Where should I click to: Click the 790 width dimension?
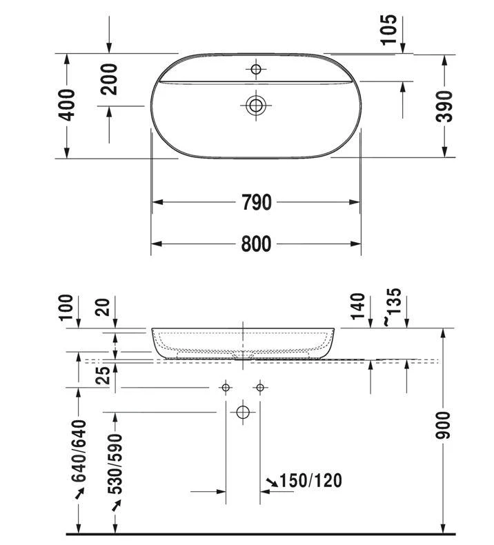pyautogui.click(x=256, y=202)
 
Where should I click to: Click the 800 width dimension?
pyautogui.click(x=256, y=244)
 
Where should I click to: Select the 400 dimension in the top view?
pyautogui.click(x=66, y=105)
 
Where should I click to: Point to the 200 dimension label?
pyautogui.click(x=109, y=79)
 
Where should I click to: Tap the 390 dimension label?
pyautogui.click(x=444, y=106)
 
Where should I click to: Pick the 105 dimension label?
pyautogui.click(x=388, y=30)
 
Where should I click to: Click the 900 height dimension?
pyautogui.click(x=443, y=425)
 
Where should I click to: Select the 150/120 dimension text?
pyautogui.click(x=310, y=480)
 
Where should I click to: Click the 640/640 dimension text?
pyautogui.click(x=79, y=450)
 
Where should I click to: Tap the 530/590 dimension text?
pyautogui.click(x=115, y=464)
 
